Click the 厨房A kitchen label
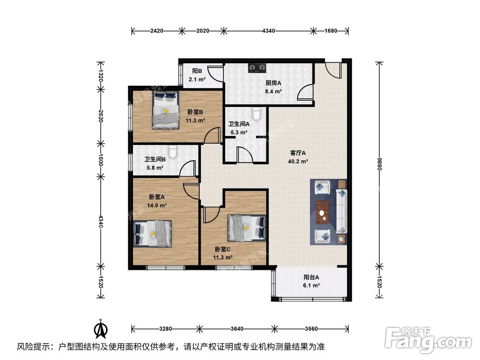click(x=273, y=83)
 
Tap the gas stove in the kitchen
click(x=257, y=68)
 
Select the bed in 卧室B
click(x=166, y=110)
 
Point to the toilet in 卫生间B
click(x=173, y=152)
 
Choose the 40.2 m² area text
click(x=298, y=161)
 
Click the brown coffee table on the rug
click(x=322, y=212)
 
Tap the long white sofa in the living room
click(x=341, y=212)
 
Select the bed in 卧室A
click(x=153, y=234)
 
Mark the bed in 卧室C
click(x=246, y=228)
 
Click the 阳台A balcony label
click(x=312, y=277)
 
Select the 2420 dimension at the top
click(x=157, y=31)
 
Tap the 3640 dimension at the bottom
click(x=237, y=329)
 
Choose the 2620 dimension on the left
click(x=100, y=116)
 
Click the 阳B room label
click(x=197, y=71)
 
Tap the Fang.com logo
click(x=428, y=340)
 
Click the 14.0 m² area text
click(x=157, y=205)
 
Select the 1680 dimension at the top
click(x=331, y=31)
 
